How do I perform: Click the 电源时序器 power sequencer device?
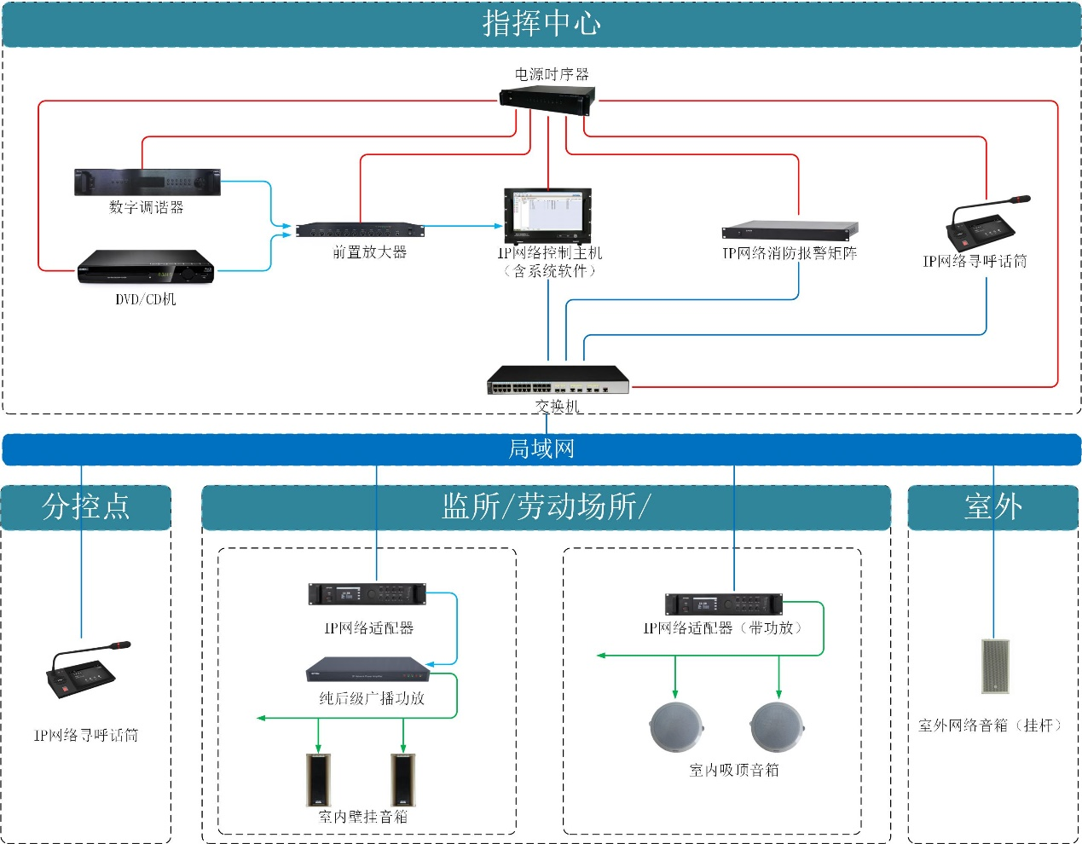tap(547, 101)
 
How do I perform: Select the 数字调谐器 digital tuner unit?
tap(147, 182)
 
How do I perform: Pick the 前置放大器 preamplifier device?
tap(359, 230)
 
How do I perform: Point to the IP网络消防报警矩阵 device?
tap(790, 230)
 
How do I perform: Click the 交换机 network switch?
tap(558, 380)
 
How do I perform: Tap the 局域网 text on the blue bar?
tap(541, 449)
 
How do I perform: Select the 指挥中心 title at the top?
tap(541, 24)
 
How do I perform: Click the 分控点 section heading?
tap(86, 506)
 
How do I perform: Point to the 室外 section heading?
tap(993, 506)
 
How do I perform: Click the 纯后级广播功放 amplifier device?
tap(367, 669)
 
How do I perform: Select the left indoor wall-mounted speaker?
tap(318, 779)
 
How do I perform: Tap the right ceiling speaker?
tap(776, 727)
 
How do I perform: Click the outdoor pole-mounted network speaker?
tap(995, 666)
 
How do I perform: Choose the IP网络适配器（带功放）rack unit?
tap(723, 604)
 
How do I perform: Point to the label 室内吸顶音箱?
tap(734, 770)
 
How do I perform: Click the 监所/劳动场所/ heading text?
tap(546, 506)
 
